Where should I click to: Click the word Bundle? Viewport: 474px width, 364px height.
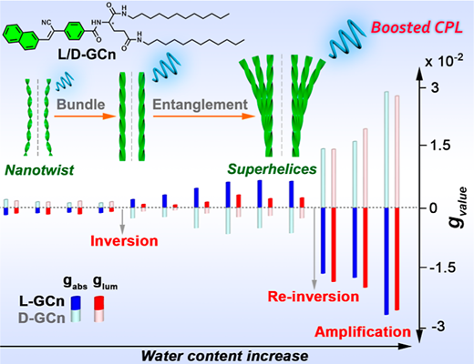[x=81, y=105]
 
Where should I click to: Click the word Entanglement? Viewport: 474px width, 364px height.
[x=200, y=105]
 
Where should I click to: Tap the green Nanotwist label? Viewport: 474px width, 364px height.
[x=39, y=170]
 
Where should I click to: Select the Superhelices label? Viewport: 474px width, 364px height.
[x=273, y=169]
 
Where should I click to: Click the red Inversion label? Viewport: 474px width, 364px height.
[x=124, y=241]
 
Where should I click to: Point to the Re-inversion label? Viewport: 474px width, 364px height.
[x=314, y=297]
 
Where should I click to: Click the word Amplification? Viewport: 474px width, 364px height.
[x=363, y=332]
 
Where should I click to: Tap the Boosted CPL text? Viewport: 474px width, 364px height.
[x=417, y=27]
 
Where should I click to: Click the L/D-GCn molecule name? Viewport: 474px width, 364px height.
[x=87, y=55]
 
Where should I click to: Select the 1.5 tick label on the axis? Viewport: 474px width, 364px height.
[x=439, y=146]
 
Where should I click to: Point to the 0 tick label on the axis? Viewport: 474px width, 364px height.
[x=434, y=208]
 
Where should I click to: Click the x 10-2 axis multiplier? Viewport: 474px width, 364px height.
[x=444, y=61]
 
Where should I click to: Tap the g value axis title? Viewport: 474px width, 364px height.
[x=459, y=207]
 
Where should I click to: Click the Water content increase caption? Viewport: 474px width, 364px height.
[x=224, y=356]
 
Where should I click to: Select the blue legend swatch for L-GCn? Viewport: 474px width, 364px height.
[x=76, y=302]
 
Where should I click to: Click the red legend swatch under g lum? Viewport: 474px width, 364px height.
[x=98, y=303]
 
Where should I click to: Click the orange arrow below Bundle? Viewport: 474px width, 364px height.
[x=85, y=116]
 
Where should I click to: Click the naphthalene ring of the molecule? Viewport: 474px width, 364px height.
[x=21, y=37]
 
